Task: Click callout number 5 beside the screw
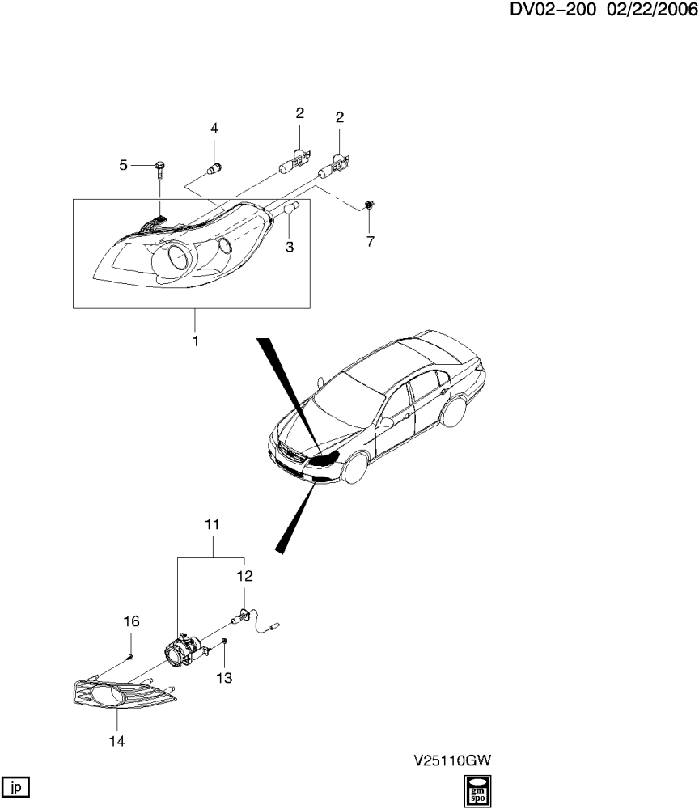coord(123,165)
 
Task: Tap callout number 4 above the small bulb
coord(214,128)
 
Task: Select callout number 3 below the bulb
coord(290,247)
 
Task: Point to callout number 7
coord(371,241)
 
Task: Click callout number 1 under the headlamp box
coord(196,341)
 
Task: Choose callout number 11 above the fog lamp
coord(212,524)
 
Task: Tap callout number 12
coord(244,576)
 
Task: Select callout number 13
coord(224,677)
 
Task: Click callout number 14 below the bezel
coord(116,741)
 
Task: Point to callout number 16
coord(131,621)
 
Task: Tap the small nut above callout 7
coord(369,205)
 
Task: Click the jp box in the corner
coord(15,787)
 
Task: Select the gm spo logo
coord(477,791)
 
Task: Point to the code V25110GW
coord(452,760)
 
